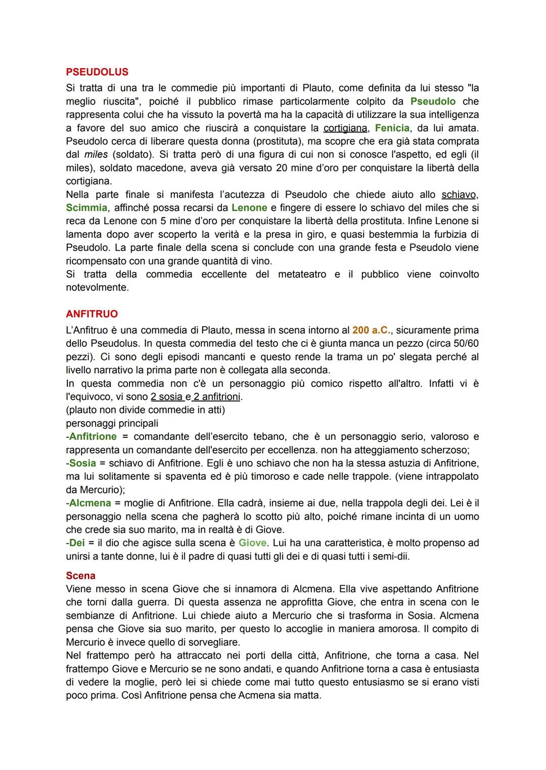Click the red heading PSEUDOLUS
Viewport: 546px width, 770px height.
click(97, 72)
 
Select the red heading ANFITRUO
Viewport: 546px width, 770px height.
click(92, 314)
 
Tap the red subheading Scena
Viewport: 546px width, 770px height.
click(80, 576)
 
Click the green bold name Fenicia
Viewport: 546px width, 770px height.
click(392, 128)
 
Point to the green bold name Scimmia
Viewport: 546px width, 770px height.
click(86, 208)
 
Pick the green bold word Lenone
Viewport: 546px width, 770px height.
click(249, 208)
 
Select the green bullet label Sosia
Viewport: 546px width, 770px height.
click(82, 463)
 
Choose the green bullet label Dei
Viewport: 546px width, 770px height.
click(78, 543)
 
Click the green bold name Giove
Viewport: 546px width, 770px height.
click(252, 543)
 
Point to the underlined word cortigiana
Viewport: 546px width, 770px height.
click(346, 128)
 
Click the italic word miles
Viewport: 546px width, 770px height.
click(95, 155)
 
